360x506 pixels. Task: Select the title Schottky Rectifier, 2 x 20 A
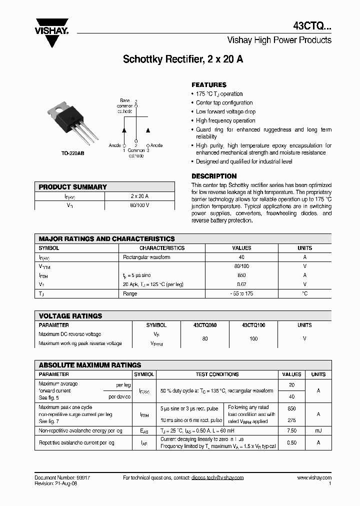[183, 59]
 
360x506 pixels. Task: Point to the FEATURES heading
[209, 85]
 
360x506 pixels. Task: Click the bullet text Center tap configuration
[224, 103]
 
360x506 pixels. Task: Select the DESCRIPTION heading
[214, 176]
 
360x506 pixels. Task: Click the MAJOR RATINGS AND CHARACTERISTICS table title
[106, 239]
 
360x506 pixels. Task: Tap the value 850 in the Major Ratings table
[241, 275]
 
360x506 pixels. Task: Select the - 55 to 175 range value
[241, 293]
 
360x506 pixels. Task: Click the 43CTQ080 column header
[204, 325]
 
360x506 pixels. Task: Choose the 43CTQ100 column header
[253, 325]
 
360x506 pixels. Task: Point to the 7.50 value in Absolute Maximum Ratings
[291, 430]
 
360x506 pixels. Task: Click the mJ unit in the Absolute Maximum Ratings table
[318, 430]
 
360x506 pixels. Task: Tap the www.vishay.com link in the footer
[314, 478]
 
